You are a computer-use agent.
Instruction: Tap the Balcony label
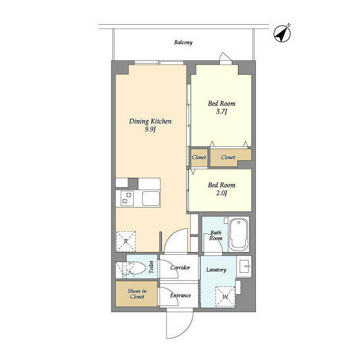pos(183,42)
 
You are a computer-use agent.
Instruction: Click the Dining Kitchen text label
pos(150,121)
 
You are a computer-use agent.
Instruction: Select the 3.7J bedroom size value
pos(222,112)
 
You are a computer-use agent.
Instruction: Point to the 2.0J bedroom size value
pos(222,193)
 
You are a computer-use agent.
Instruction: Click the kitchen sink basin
pos(151,199)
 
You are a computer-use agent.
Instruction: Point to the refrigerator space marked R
pos(126,241)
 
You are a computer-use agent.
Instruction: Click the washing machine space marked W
pos(225,296)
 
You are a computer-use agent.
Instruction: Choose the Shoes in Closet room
pos(136,294)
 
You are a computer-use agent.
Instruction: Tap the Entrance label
pos(180,295)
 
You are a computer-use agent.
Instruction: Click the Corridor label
pos(180,268)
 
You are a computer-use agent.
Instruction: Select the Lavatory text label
pos(216,270)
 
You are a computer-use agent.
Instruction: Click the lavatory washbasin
pos(244,265)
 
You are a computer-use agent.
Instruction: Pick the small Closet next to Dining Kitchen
pos(199,157)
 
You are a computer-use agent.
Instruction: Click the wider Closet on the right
pos(228,157)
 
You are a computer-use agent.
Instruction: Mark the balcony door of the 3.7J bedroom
pos(225,58)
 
